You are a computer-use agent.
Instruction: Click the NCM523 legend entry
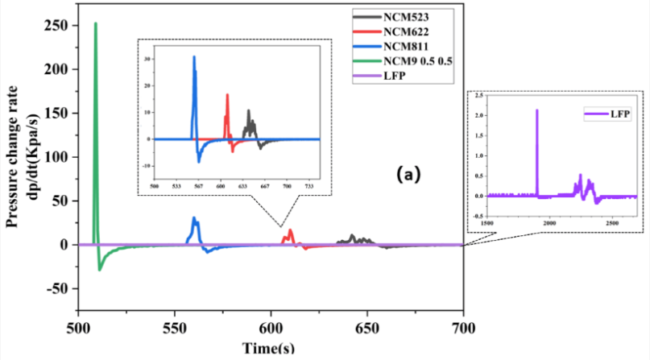pyautogui.click(x=411, y=15)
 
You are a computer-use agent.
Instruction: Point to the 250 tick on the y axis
pyautogui.click(x=59, y=26)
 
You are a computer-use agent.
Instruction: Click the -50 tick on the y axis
pyautogui.click(x=59, y=288)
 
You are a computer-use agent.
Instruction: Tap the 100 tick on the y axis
pyautogui.click(x=59, y=157)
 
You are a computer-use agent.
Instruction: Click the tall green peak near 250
pyautogui.click(x=96, y=24)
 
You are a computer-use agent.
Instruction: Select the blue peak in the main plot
pyautogui.click(x=193, y=217)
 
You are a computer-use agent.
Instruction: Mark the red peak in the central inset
pyautogui.click(x=227, y=95)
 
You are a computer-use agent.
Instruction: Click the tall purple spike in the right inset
pyautogui.click(x=537, y=110)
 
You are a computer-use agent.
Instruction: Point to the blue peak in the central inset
pyautogui.click(x=194, y=57)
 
